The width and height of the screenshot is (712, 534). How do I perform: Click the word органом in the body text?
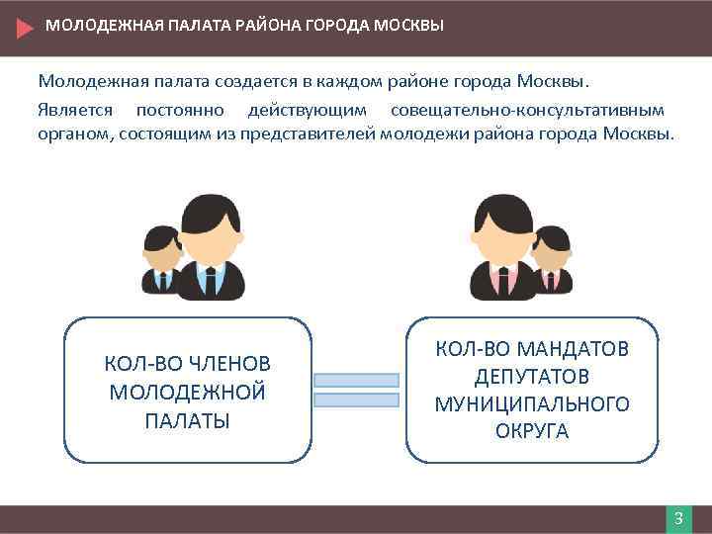[73, 133]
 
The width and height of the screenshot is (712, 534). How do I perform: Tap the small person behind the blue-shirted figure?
[160, 259]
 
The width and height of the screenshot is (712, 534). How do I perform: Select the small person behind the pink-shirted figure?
[552, 259]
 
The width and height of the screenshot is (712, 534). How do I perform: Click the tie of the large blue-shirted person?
[210, 281]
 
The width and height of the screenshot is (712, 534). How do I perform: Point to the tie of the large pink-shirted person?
[504, 281]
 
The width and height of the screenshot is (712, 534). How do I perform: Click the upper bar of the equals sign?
[356, 380]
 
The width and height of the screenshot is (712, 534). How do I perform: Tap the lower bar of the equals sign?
[356, 400]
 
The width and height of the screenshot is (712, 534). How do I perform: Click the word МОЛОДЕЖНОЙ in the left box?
[188, 392]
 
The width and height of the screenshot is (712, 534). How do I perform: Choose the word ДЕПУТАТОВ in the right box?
[532, 377]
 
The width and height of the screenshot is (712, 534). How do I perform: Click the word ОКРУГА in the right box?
[532, 431]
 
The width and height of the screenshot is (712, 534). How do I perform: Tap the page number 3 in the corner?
[678, 519]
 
